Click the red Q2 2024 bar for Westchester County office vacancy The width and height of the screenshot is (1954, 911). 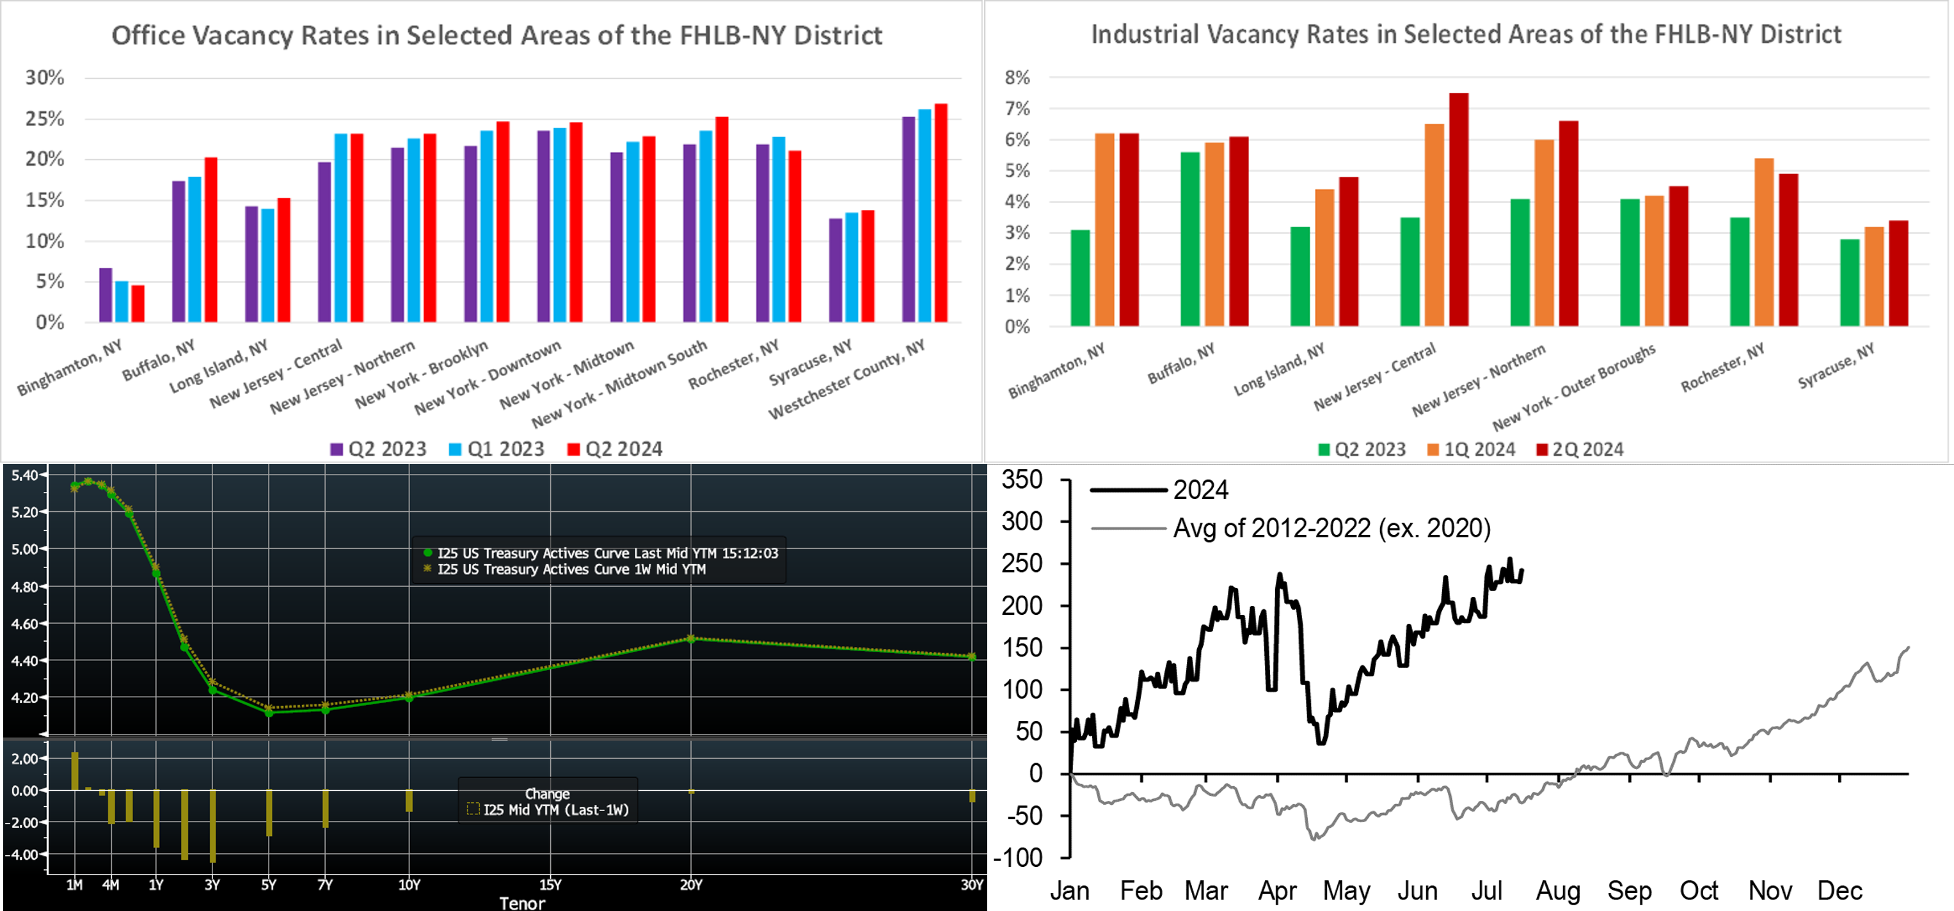pos(941,212)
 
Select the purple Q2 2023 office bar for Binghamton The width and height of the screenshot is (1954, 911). pos(106,295)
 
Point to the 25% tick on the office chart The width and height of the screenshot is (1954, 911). pos(45,119)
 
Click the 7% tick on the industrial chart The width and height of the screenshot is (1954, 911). pos(1017,109)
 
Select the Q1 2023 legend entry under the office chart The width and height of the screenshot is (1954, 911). pos(505,449)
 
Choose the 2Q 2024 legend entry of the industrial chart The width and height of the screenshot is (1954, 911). pos(1587,450)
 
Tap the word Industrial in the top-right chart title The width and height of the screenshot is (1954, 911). pos(1145,34)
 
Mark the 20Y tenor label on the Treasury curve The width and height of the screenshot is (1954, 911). pos(690,885)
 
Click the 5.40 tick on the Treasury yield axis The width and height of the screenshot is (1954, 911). pos(24,475)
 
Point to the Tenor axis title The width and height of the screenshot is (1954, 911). pos(522,903)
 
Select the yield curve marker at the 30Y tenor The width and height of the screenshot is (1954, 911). pos(973,656)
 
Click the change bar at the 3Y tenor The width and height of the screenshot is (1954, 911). pos(212,825)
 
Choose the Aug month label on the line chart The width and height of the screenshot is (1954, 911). pos(1558,891)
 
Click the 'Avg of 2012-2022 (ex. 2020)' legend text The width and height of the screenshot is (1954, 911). pos(1331,528)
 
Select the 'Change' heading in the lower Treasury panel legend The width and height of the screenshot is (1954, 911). pos(547,793)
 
